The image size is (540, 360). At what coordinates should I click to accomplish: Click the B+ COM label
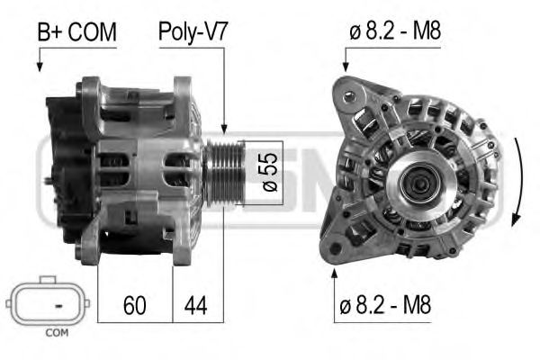[76, 33]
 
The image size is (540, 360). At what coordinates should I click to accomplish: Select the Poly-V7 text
[193, 33]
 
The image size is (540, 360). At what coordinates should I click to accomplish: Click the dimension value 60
[133, 306]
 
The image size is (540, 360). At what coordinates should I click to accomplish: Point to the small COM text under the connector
[56, 334]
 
